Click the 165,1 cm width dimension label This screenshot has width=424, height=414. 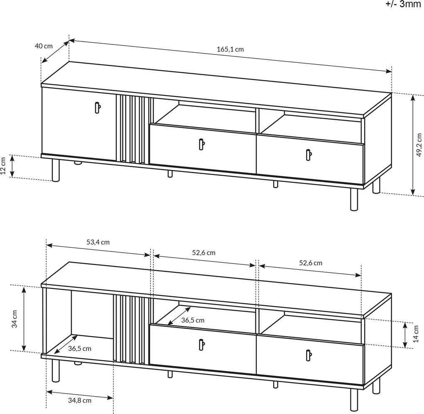(230, 49)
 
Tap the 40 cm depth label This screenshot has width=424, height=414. (44, 46)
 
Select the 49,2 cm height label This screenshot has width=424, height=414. (419, 145)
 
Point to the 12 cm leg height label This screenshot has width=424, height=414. (3, 166)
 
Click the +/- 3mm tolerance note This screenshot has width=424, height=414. (403, 4)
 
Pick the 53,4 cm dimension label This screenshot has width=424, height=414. (98, 242)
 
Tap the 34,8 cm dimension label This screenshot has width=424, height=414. (79, 400)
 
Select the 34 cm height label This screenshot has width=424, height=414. (15, 319)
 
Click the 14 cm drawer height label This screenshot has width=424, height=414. (416, 334)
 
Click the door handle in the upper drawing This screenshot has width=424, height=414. (97, 108)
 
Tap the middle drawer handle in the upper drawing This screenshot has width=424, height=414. (202, 144)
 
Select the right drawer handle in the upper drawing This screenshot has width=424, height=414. (308, 155)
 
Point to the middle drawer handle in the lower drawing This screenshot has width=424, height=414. (202, 345)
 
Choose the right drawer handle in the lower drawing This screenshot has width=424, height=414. (308, 355)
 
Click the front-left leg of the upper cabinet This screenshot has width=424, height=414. (56, 170)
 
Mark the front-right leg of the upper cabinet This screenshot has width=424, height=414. (354, 200)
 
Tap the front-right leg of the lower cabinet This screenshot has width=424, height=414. (354, 399)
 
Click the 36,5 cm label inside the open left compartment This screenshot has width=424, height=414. (79, 349)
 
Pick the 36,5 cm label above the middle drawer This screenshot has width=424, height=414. (193, 320)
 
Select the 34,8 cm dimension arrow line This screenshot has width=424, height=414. (80, 394)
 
